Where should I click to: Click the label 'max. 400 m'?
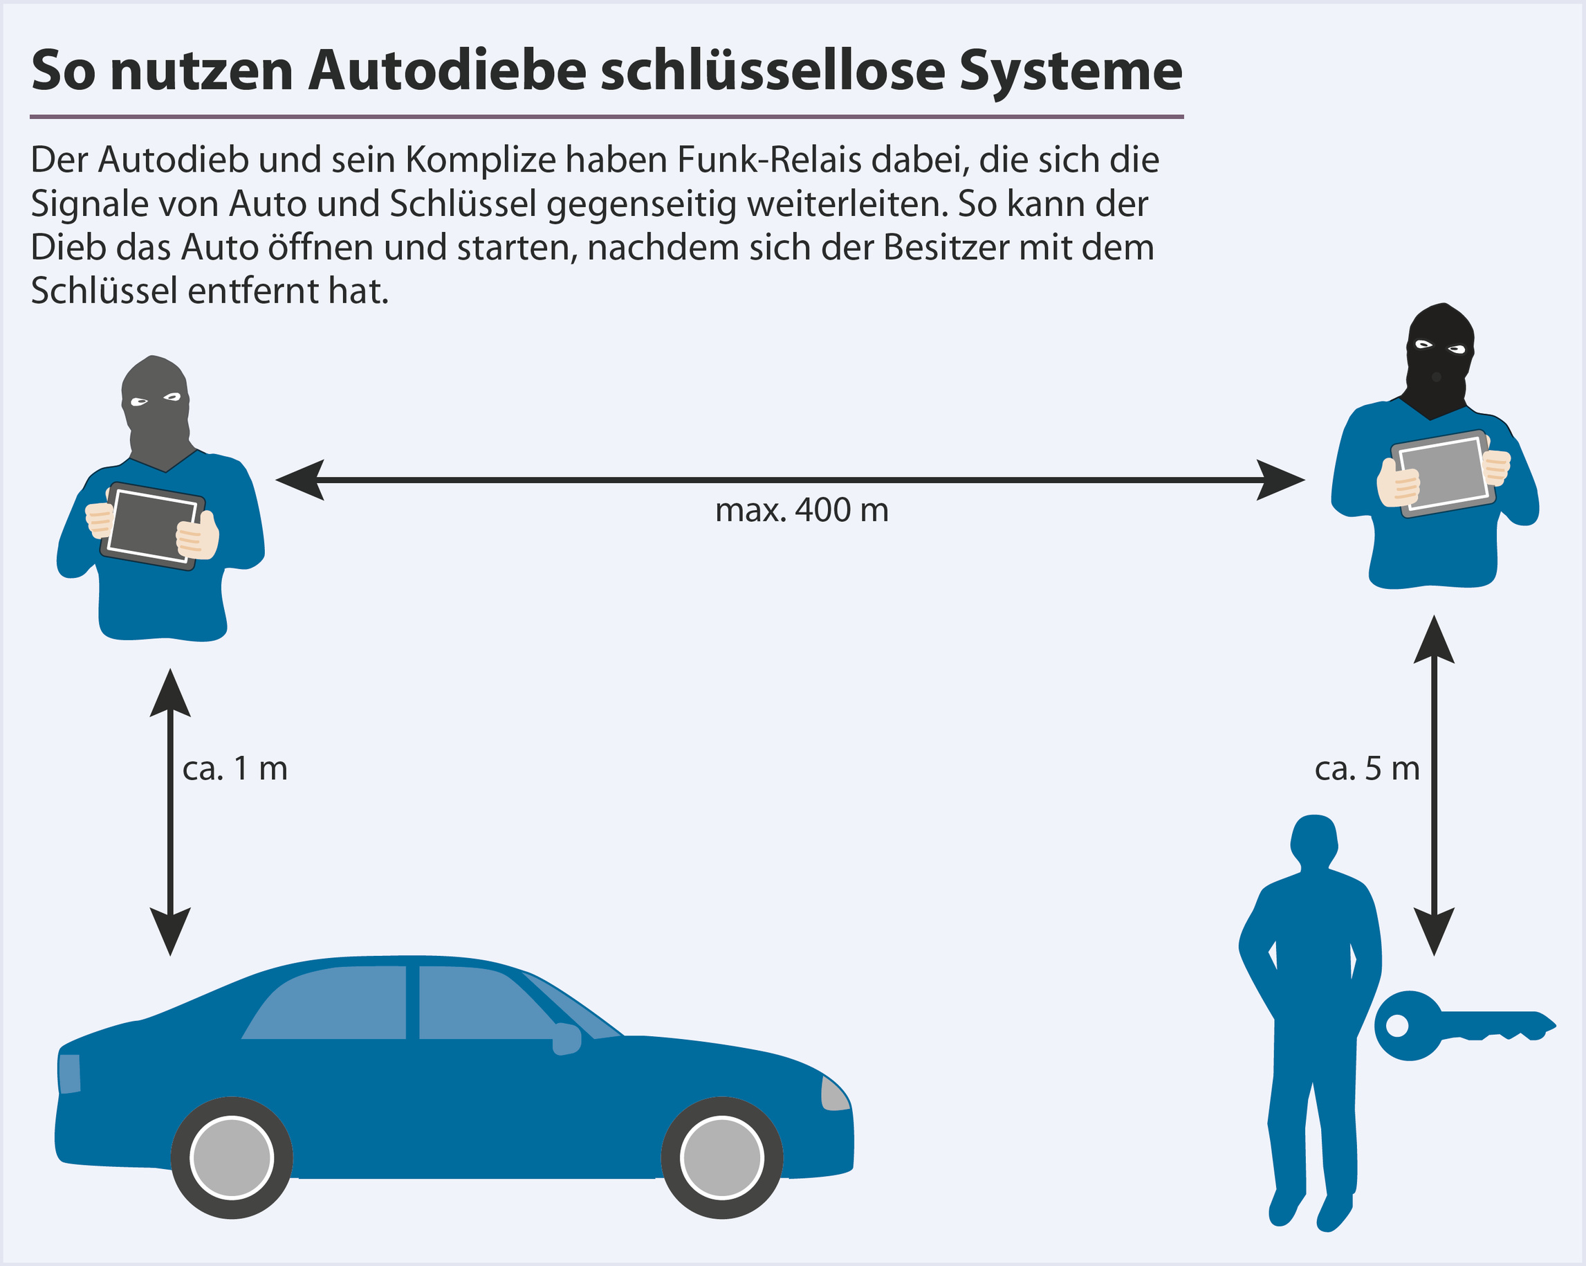pyautogui.click(x=801, y=510)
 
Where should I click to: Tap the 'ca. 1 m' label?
pyautogui.click(x=234, y=768)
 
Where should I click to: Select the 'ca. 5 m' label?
pyautogui.click(x=1367, y=768)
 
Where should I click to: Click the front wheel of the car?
pyautogui.click(x=721, y=1157)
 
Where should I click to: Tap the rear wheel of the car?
pyautogui.click(x=232, y=1157)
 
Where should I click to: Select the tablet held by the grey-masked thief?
pyautogui.click(x=152, y=525)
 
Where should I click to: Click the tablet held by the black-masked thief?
pyautogui.click(x=1444, y=473)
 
